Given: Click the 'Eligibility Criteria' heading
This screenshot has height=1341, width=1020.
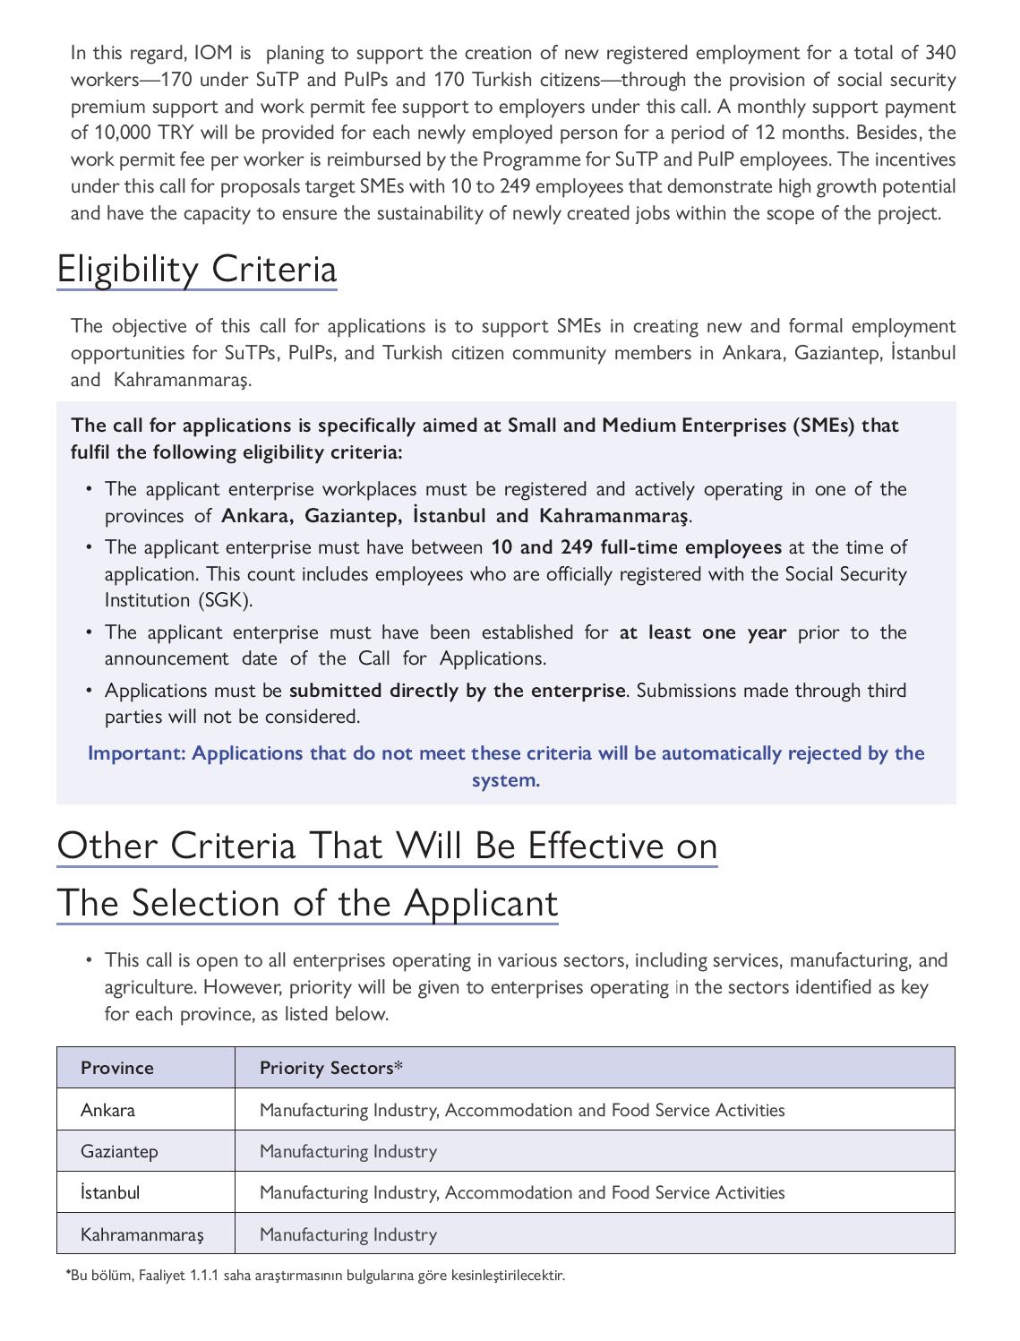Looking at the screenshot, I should pos(197,270).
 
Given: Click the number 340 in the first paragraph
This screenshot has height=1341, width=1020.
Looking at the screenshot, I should pos(939,53).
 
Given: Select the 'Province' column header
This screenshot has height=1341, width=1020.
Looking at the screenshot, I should pos(117,1068).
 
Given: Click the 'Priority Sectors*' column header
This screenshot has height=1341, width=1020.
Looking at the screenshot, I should pos(331,1068).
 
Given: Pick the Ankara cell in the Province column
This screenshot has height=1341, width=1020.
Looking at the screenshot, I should pos(108,1110).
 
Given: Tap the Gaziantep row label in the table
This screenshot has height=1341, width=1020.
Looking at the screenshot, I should pos(119,1151).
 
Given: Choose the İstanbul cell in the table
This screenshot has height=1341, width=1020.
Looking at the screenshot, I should pos(110,1193).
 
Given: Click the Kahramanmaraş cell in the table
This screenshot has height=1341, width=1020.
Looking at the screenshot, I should pos(142,1234).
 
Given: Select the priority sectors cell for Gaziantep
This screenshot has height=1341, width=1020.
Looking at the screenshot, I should pos(348,1151).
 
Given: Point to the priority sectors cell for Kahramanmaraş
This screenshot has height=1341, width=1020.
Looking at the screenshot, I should pos(348,1234).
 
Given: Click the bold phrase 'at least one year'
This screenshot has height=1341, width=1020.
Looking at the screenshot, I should pos(703,632).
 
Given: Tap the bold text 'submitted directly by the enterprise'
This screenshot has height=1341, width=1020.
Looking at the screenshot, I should pos(457,691).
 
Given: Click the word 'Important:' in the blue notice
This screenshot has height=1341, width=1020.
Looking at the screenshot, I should pos(137,753).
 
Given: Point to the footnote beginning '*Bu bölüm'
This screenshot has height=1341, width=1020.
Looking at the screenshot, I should pos(315,1275).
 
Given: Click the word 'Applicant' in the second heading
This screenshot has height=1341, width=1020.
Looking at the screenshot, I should pos(481,903).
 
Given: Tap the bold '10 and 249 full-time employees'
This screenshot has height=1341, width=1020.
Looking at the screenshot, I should pos(636,547).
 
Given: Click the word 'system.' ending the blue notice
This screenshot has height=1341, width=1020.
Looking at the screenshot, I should pos(506,780).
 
